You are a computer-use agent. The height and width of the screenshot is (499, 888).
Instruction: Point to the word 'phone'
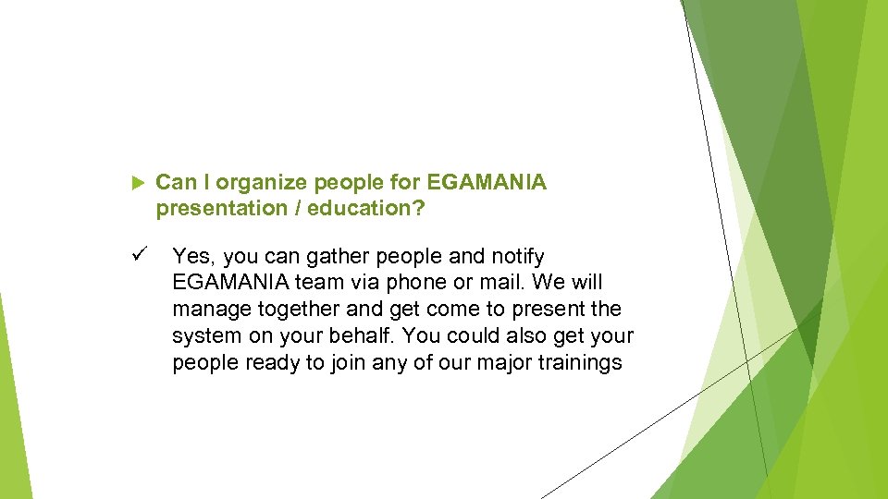407,282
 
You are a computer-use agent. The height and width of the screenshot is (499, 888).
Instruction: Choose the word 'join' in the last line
347,362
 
